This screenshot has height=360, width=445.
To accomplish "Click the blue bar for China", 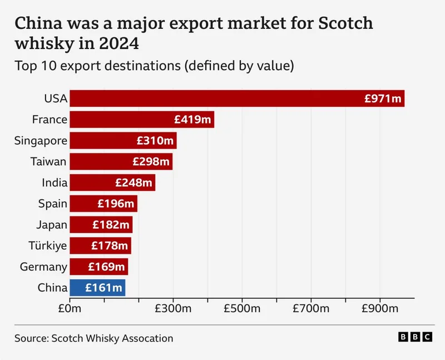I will click(97, 288).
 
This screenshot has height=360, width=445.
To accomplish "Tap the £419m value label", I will click(192, 120).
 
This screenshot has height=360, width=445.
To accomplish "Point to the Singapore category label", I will click(41, 141).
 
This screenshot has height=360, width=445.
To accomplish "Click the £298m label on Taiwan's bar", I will click(151, 162).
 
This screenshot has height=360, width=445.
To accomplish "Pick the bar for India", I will click(112, 183).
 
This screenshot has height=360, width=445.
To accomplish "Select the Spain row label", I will click(53, 204).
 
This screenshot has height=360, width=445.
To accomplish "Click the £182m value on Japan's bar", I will click(111, 225).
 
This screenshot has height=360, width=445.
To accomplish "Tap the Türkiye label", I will click(48, 245).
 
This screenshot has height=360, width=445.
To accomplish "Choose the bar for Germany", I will click(99, 267).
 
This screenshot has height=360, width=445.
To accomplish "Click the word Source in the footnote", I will click(31, 338).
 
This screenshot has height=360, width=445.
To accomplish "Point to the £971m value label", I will click(383, 98).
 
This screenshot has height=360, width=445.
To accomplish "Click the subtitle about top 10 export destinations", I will click(154, 65).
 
